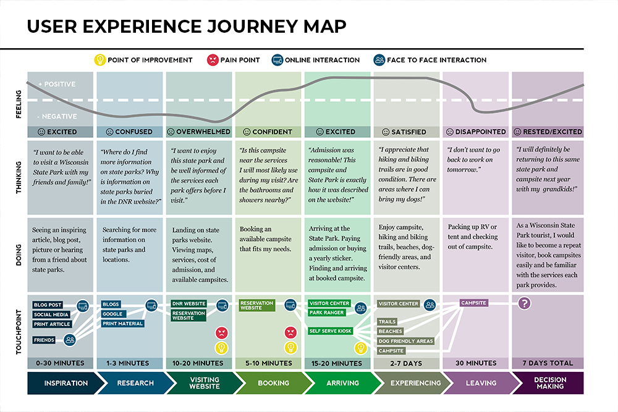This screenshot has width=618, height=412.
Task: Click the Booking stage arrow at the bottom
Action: pyautogui.click(x=273, y=383)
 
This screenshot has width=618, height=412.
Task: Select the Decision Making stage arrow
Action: pyautogui.click(x=549, y=383)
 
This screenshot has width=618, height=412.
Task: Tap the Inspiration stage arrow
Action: pyautogui.click(x=66, y=383)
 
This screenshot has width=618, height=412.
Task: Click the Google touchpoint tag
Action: pyautogui.click(x=113, y=314)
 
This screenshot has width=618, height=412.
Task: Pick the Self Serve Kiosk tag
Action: pyautogui.click(x=330, y=331)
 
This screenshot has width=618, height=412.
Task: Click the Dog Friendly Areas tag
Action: pyautogui.click(x=405, y=341)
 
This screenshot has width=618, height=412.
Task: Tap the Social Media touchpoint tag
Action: pyautogui.click(x=51, y=314)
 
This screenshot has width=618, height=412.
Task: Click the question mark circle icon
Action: pyautogui.click(x=525, y=303)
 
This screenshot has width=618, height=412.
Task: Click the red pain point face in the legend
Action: pyautogui.click(x=212, y=61)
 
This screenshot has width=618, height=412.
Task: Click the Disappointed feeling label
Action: pyautogui.click(x=476, y=132)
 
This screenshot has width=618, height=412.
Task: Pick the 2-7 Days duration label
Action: pyautogui.click(x=408, y=363)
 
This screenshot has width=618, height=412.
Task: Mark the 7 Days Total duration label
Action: pyautogui.click(x=548, y=363)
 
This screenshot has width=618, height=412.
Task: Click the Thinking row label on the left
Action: pyautogui.click(x=17, y=175)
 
